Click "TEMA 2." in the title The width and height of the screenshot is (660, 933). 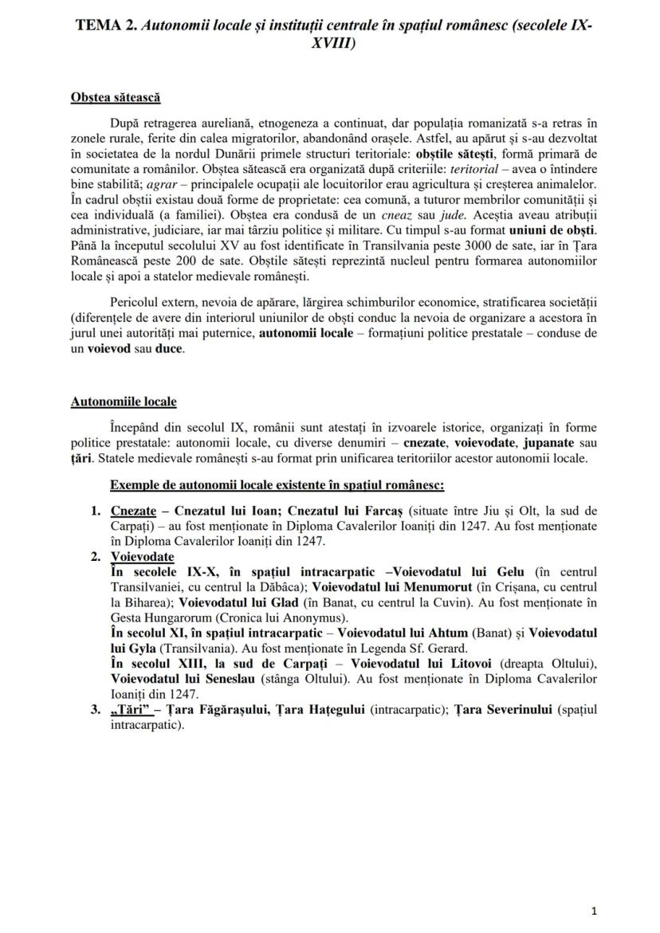106,25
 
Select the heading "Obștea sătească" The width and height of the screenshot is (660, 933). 116,97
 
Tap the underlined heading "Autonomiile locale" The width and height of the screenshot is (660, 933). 124,402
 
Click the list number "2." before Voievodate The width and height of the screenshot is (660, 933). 96,557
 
